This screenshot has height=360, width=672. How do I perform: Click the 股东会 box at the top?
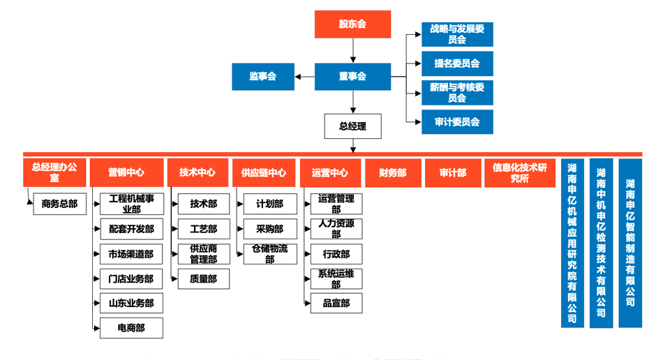[x=352, y=24]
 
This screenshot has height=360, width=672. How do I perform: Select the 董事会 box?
[x=352, y=76]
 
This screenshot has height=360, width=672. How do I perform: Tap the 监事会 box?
[x=263, y=76]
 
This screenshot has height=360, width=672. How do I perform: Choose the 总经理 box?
[x=352, y=126]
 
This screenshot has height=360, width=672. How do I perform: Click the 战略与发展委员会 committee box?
[x=457, y=34]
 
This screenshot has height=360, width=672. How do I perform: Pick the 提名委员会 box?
[x=457, y=63]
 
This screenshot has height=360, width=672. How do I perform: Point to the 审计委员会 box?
[x=457, y=122]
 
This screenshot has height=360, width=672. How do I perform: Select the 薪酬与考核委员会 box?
[x=457, y=92]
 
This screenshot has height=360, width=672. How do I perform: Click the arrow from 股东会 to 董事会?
[x=352, y=50]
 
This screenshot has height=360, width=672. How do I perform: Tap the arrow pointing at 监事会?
[x=304, y=76]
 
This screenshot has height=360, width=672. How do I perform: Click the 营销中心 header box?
[x=126, y=172]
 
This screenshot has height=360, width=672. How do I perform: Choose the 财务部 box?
[x=392, y=172]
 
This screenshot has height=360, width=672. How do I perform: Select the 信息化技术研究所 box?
[x=520, y=172]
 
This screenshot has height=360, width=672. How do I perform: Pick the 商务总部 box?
[x=60, y=204]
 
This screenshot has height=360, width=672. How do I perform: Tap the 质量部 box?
[x=203, y=278]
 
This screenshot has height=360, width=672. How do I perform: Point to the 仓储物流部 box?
[x=270, y=254]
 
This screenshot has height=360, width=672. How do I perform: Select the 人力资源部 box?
[x=336, y=229]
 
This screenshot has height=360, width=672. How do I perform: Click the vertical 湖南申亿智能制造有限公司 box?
[x=630, y=243]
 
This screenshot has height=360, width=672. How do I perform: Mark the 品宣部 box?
[x=336, y=303]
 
